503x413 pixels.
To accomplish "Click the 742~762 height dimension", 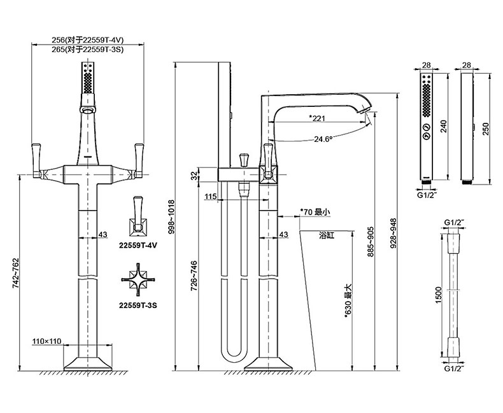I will (16, 272).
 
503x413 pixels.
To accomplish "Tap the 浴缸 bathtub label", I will (327, 235).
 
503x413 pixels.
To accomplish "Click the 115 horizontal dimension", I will (211, 197).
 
